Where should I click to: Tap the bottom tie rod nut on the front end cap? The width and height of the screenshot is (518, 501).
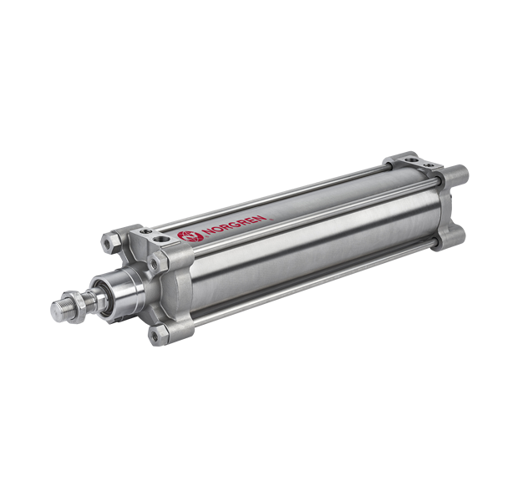pos(156,335)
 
